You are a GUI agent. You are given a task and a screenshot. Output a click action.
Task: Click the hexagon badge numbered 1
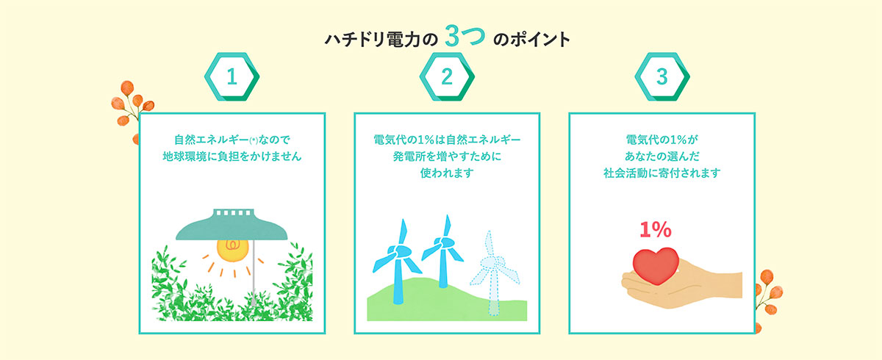click(232, 76)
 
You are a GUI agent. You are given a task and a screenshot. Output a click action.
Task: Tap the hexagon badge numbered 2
click(447, 76)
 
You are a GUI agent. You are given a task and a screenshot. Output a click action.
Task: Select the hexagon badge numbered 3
click(662, 76)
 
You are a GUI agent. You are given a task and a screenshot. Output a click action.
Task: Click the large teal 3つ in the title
click(465, 36)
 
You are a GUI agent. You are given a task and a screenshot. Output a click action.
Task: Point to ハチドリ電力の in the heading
click(381, 40)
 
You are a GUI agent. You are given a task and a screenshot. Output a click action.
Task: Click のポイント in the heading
click(531, 40)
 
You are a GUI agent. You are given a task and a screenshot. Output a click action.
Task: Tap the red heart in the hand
click(656, 265)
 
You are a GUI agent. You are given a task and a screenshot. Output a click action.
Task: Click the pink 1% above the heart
click(655, 229)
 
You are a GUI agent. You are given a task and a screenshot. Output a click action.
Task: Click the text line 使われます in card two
click(447, 173)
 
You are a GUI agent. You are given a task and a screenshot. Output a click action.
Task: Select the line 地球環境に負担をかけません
click(232, 156)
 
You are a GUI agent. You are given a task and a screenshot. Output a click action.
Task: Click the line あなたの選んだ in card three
click(662, 156)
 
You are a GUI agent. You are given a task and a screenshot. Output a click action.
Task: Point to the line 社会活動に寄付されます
click(662, 173)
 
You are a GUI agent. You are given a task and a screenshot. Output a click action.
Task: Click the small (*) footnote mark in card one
click(254, 140)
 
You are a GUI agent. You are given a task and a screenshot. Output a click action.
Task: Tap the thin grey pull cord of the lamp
click(254, 273)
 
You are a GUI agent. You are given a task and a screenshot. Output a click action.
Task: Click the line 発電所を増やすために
click(447, 156)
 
